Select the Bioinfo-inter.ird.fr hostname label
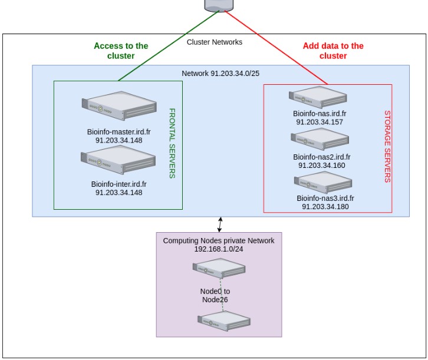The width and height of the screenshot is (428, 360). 118,184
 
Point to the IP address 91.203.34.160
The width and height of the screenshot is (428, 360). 321,166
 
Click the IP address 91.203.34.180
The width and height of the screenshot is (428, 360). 325,207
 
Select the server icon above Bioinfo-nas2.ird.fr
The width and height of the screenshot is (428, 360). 320,139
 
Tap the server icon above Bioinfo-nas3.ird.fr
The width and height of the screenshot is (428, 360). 322,181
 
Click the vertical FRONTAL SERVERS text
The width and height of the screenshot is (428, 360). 172,143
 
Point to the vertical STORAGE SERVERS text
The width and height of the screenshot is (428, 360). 387,146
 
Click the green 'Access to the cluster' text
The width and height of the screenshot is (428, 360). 121,51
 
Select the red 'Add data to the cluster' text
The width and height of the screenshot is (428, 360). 333,51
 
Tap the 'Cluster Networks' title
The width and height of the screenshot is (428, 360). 215,42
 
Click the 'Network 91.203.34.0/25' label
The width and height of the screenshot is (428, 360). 220,73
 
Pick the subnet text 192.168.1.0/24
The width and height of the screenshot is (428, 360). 219,249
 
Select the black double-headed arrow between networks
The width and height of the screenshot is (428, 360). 220,224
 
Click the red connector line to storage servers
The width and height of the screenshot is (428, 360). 277,47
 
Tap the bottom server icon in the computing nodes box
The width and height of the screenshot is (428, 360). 224,321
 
